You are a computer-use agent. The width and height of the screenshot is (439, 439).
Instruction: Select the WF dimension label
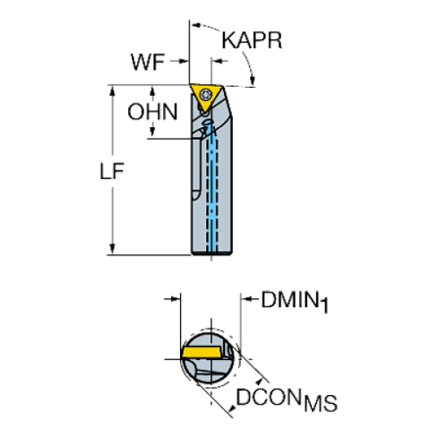(149, 62)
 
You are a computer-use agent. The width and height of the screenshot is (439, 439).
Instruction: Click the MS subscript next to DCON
(321, 405)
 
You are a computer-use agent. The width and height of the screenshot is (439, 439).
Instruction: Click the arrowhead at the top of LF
(112, 91)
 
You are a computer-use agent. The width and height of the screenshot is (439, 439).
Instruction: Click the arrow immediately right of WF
(182, 62)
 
